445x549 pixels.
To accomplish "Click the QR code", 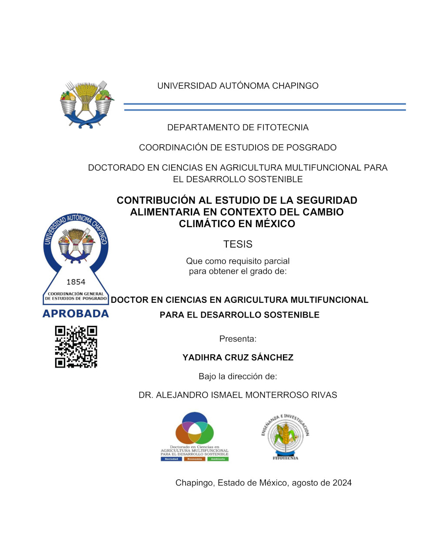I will pyautogui.click(x=76, y=347).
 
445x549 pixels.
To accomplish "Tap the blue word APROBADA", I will pyautogui.click(x=76, y=314).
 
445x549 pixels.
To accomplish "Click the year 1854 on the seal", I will pyautogui.click(x=76, y=282).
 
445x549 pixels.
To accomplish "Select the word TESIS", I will pyautogui.click(x=238, y=244).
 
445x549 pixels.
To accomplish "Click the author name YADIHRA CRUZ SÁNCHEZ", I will pyautogui.click(x=238, y=358).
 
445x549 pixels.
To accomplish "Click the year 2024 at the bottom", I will pyautogui.click(x=342, y=483).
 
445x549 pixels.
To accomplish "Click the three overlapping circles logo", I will pyautogui.click(x=195, y=428).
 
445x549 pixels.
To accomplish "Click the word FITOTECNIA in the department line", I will pyautogui.click(x=282, y=128).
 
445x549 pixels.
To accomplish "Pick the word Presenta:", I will pyautogui.click(x=238, y=339).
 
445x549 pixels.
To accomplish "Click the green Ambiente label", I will pyautogui.click(x=218, y=459).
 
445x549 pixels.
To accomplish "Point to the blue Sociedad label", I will pyautogui.click(x=171, y=459).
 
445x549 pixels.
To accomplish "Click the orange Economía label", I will pyautogui.click(x=195, y=459).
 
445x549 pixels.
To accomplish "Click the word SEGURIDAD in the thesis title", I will pyautogui.click(x=327, y=201).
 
